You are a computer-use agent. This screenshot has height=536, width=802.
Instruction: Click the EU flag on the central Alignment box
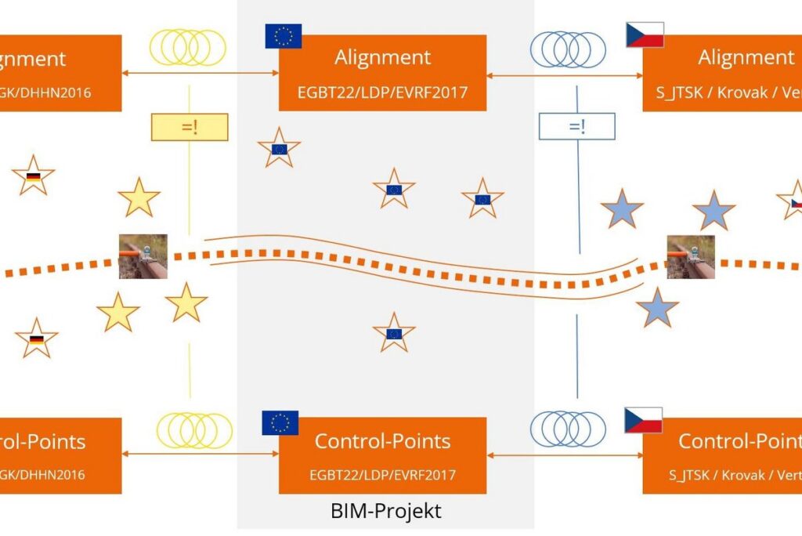283,36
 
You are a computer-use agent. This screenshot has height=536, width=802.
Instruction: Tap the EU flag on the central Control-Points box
280,423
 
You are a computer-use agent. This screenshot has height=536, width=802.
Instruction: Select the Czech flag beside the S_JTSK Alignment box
645,34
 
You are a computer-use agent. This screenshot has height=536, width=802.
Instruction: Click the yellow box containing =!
189,127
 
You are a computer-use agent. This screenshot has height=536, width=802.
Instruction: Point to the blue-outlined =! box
576,126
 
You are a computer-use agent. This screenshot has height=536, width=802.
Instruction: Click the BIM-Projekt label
385,511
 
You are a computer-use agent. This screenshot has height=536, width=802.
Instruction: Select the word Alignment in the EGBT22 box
382,57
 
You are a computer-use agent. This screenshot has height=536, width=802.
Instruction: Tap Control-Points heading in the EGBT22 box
382,441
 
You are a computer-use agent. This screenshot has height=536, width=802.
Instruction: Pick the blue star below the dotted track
657,308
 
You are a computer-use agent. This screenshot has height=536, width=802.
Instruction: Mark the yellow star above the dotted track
139,197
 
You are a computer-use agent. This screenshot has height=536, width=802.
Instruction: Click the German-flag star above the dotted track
33,176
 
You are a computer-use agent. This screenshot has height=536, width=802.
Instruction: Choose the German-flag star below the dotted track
36,339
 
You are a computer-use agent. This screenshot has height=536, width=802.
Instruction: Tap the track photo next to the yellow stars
143,256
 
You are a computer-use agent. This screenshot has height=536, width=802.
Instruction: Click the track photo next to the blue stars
691,257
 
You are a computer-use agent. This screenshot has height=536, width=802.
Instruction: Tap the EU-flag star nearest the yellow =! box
279,147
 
